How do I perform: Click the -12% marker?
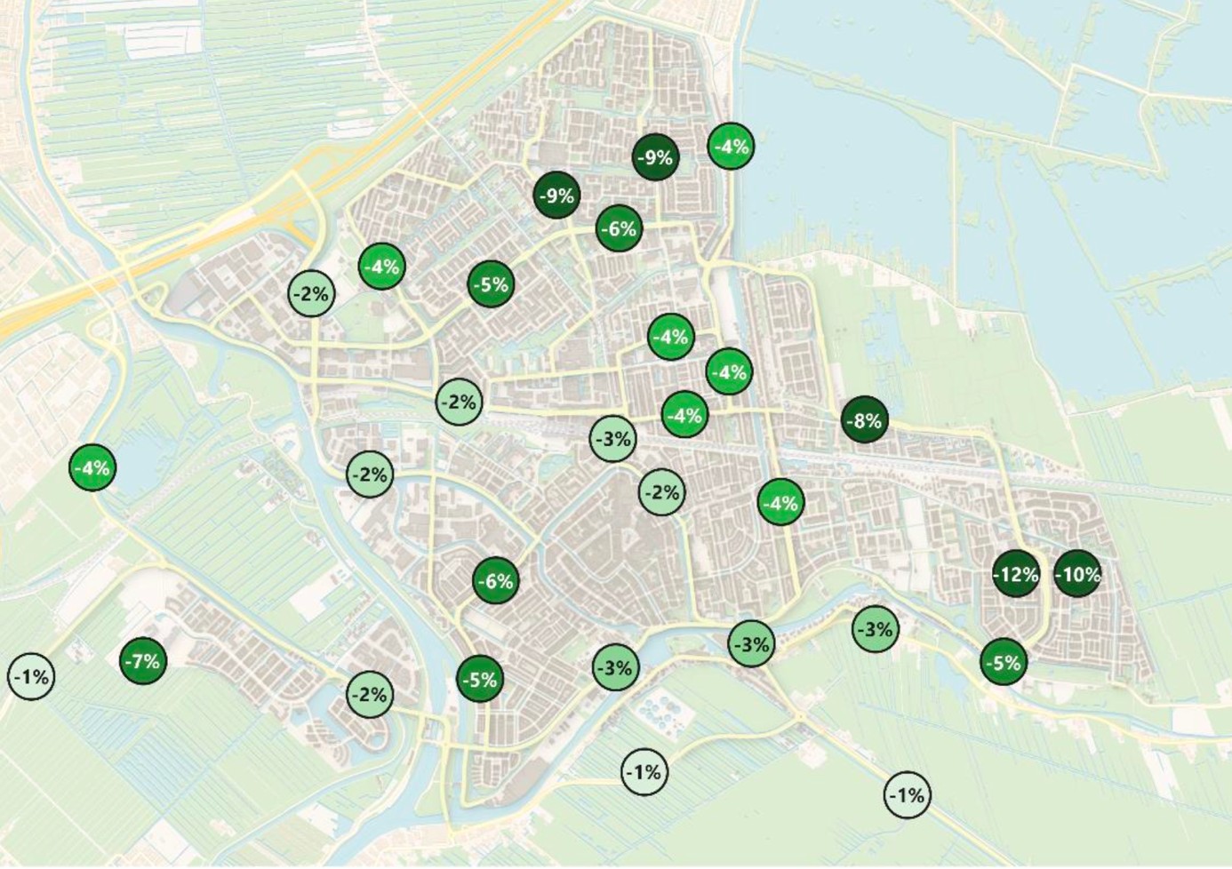[1015, 574]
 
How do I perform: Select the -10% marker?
[1077, 574]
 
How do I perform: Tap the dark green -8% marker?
[864, 419]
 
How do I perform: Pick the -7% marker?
[142, 660]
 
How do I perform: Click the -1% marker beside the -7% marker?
[31, 677]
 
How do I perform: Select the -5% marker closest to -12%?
[1004, 662]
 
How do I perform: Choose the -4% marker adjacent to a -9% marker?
[731, 146]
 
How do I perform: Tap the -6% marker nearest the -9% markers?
[619, 228]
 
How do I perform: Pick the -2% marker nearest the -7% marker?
[370, 694]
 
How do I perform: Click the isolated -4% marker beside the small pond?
[92, 466]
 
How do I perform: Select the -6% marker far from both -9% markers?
[496, 581]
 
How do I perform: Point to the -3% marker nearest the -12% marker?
[876, 629]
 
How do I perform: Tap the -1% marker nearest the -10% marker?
[907, 794]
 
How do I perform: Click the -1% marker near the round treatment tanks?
[644, 771]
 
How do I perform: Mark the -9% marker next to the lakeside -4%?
[656, 157]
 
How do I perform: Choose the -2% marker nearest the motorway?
[312, 292]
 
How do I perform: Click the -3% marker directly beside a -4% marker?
[613, 437]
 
